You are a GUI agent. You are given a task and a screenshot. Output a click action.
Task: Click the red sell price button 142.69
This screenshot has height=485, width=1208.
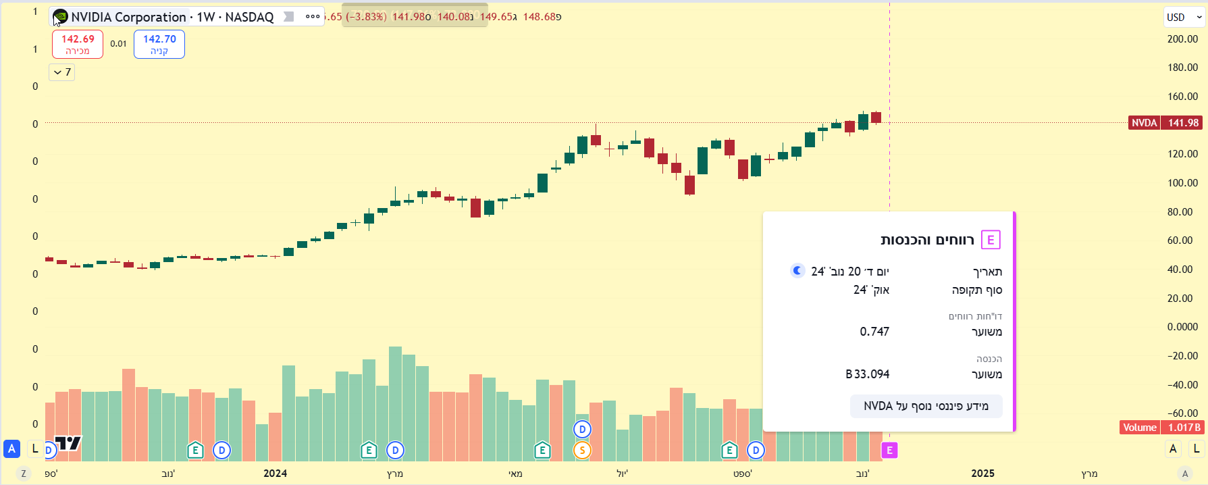78,44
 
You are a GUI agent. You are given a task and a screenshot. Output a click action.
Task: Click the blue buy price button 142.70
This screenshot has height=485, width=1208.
159,44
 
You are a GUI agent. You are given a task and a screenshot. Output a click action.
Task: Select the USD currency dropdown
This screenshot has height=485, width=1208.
1184,18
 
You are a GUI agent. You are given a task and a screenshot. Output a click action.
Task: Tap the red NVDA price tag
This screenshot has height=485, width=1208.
1144,123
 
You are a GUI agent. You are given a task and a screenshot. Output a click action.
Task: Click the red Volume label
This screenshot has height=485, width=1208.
1139,428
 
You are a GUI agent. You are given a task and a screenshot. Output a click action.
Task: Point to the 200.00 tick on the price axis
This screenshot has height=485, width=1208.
1182,39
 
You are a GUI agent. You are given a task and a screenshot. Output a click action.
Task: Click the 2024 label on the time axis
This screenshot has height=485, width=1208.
275,474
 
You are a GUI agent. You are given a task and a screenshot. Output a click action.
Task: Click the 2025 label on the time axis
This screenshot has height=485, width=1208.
982,474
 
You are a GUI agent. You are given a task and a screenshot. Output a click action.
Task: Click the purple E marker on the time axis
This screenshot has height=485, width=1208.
889,450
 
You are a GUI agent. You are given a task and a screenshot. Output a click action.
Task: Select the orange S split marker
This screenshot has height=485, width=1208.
582,450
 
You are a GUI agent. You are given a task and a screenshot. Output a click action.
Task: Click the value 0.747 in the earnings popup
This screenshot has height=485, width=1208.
874,332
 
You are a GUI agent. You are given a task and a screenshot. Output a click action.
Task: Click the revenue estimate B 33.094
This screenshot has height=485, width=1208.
868,374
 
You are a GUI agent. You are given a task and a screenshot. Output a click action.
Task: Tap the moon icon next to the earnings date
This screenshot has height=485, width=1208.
797,271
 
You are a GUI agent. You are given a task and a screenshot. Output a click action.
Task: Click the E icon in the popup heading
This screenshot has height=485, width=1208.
991,240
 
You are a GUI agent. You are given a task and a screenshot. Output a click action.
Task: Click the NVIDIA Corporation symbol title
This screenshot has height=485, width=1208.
128,17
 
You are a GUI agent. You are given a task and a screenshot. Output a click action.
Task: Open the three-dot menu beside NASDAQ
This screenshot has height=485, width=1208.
313,17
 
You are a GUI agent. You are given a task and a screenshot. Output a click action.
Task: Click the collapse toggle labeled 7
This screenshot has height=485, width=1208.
62,72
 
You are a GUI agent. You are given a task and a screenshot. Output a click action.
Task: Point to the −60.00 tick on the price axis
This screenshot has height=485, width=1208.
1182,413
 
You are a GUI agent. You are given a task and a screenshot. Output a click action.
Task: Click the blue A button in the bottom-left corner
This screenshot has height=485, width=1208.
11,449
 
